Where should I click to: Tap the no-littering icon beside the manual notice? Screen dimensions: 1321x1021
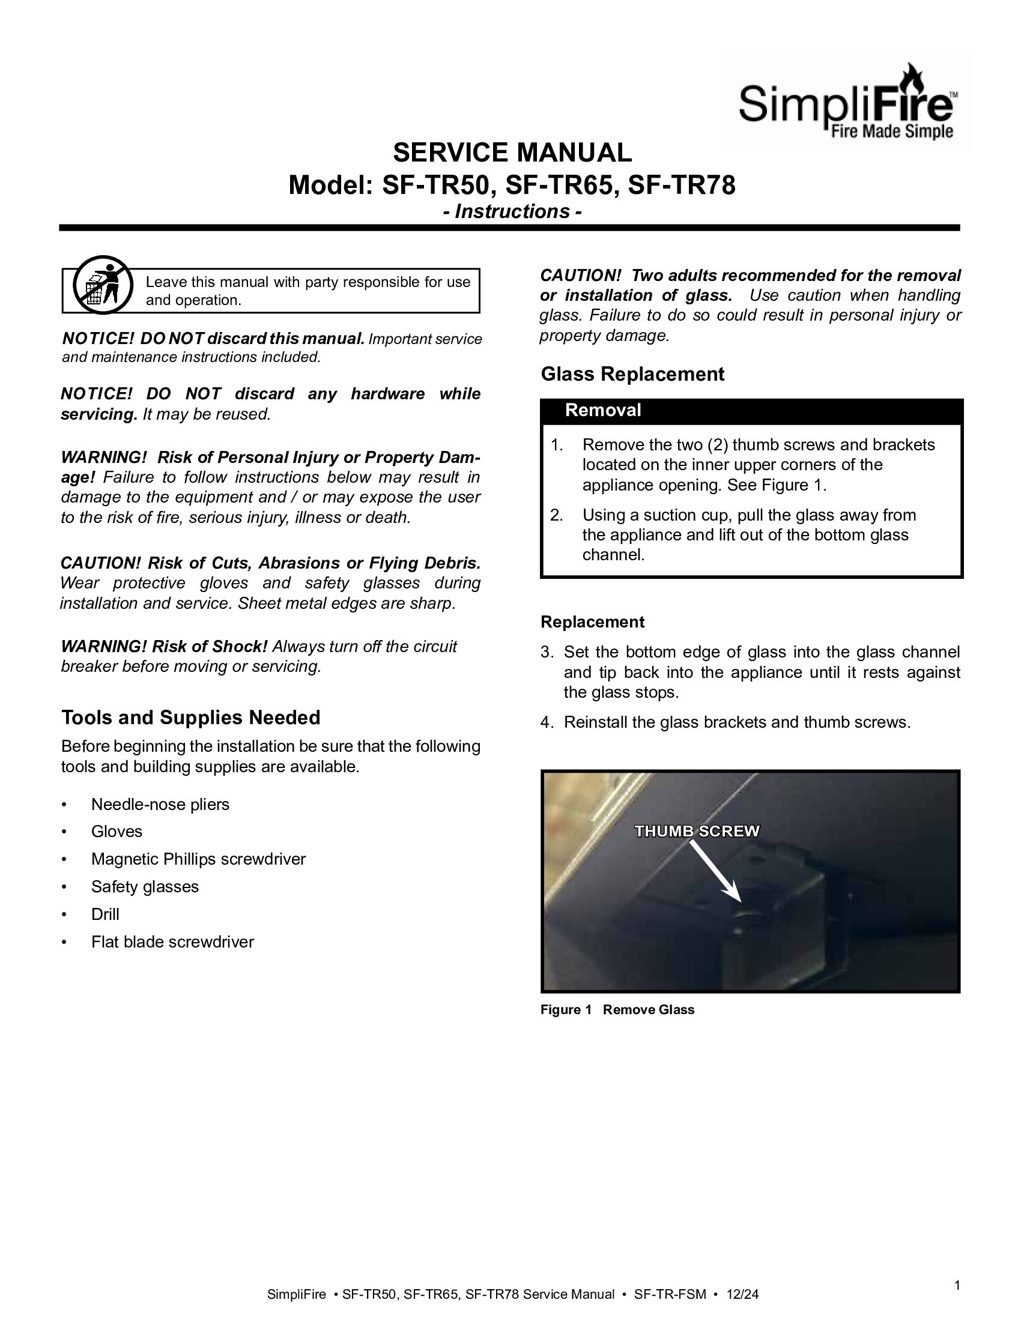[x=103, y=284]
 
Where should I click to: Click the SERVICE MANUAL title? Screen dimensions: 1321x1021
[x=512, y=153]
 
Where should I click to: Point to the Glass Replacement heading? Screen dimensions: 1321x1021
[x=632, y=374]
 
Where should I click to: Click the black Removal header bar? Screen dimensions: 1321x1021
[x=751, y=411]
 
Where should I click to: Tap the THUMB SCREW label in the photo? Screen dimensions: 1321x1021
[x=697, y=831]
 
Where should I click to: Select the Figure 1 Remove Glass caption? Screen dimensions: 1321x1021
[x=617, y=1009]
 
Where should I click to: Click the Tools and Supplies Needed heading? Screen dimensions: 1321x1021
[x=190, y=718]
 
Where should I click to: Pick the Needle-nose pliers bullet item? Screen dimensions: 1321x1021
[x=160, y=805]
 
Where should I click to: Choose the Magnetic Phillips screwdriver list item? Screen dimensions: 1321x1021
[x=198, y=859]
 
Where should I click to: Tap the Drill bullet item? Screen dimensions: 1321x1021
[x=105, y=914]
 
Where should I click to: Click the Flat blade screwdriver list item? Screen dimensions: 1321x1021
[x=172, y=942]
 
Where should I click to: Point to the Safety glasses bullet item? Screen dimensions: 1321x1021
[x=145, y=887]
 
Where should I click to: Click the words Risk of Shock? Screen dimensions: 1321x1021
[x=209, y=647]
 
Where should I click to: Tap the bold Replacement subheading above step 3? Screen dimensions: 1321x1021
[x=592, y=622]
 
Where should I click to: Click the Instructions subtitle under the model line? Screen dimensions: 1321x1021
[x=512, y=212]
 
